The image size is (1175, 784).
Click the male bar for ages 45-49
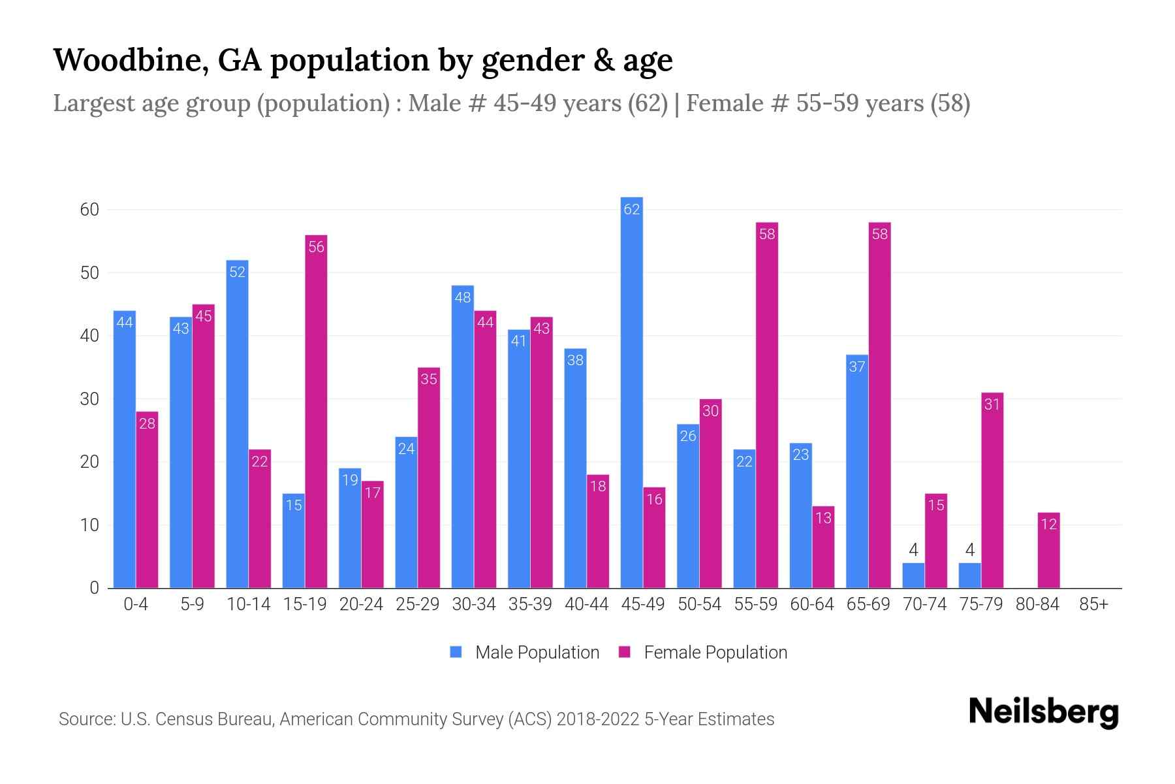(631, 392)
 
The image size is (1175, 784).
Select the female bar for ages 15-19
(316, 412)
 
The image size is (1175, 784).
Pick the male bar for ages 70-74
(913, 576)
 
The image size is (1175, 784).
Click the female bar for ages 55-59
(767, 405)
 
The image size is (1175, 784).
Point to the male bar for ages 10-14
(237, 425)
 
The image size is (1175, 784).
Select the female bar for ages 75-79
(992, 490)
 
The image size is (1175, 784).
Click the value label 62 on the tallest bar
(631, 210)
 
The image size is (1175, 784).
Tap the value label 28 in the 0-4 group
(147, 424)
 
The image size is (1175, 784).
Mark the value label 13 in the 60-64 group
(823, 518)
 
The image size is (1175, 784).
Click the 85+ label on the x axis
(1093, 605)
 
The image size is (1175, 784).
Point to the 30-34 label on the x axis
(474, 605)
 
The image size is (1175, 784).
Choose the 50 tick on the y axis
(89, 273)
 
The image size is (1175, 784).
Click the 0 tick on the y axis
(95, 588)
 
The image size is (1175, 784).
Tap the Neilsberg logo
(1043, 712)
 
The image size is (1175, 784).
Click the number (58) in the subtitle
(950, 103)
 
